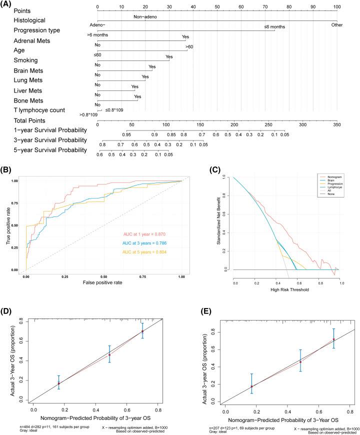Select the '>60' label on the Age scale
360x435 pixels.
coord(189,46)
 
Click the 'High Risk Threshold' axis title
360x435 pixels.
coord(288,289)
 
